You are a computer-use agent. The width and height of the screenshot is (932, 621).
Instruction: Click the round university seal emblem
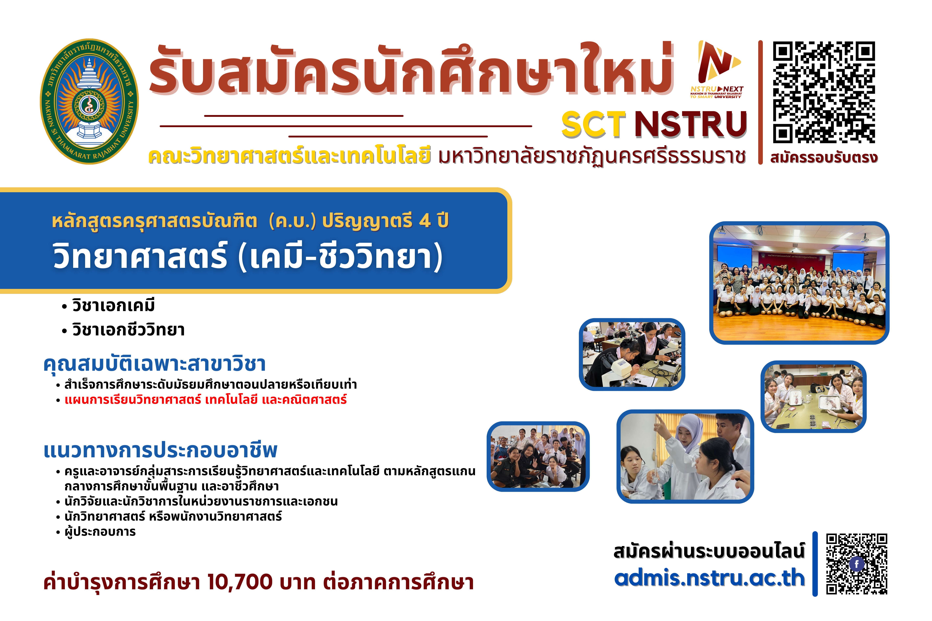click(x=90, y=101)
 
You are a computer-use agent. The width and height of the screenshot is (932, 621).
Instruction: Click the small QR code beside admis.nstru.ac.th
click(x=857, y=564)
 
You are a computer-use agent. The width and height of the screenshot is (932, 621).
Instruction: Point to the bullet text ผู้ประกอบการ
click(x=100, y=531)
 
